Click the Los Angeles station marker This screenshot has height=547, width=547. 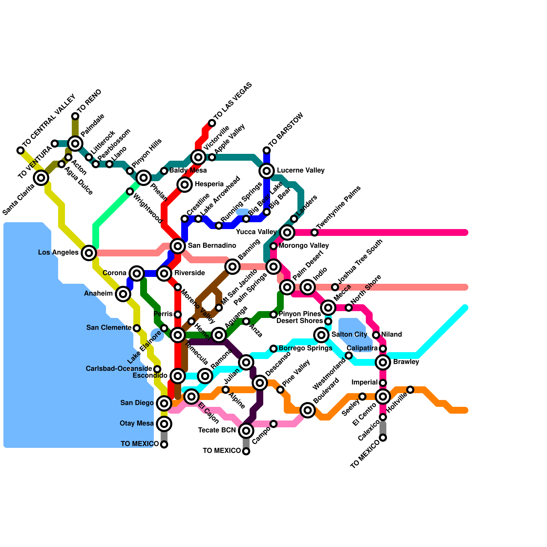[x=89, y=253]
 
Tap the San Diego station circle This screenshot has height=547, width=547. [x=164, y=403]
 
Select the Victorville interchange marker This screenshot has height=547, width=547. [x=198, y=157]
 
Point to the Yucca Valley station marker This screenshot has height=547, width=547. [x=287, y=232]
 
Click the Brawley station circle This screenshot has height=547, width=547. [x=383, y=362]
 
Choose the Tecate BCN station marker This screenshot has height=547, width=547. [x=246, y=431]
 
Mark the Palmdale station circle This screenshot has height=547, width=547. [x=75, y=144]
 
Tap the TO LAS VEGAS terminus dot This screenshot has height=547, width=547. [x=212, y=123]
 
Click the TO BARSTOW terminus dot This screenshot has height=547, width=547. [x=267, y=150]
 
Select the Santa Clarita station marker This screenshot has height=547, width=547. [x=41, y=178]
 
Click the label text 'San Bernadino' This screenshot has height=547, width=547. [x=212, y=245]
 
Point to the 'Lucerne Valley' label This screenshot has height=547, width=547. [x=301, y=170]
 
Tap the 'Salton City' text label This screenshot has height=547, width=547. [x=349, y=334]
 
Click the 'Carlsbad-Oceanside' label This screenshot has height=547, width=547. [x=119, y=369]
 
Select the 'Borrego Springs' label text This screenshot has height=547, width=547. [x=305, y=348]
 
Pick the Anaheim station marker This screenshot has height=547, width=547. [x=123, y=293]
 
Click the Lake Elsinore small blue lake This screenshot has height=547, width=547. [x=157, y=335]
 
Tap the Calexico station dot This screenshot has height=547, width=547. [x=383, y=417]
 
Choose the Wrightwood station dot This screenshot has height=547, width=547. [x=130, y=191]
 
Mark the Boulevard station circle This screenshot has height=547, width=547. [x=308, y=410]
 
